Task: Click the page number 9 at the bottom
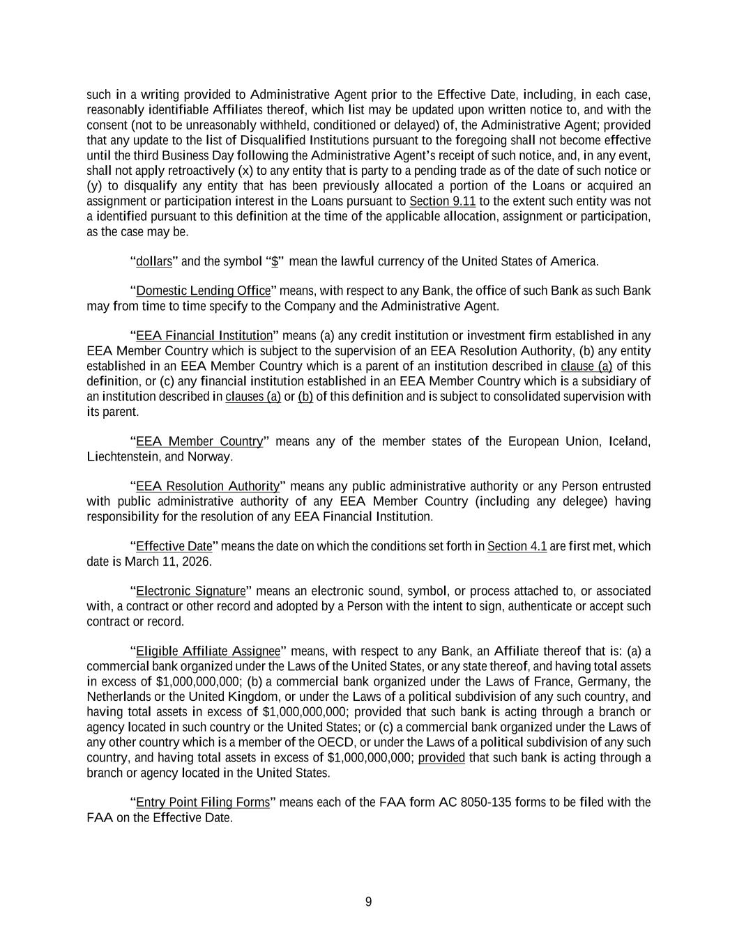click(x=368, y=902)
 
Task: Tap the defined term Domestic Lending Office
click(x=203, y=291)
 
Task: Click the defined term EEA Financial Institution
click(x=204, y=336)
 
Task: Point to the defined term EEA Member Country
click(x=199, y=442)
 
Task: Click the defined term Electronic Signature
click(x=190, y=592)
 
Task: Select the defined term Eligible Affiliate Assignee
click(x=208, y=651)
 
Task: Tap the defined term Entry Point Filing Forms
click(x=202, y=803)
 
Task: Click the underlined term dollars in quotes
click(x=153, y=261)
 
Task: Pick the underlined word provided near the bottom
click(x=441, y=757)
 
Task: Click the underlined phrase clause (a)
click(x=586, y=366)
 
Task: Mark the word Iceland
click(x=630, y=442)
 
